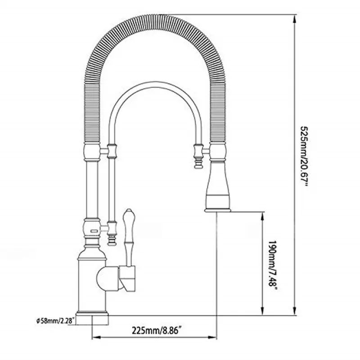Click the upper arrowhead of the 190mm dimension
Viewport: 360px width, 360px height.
[x=262, y=216]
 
